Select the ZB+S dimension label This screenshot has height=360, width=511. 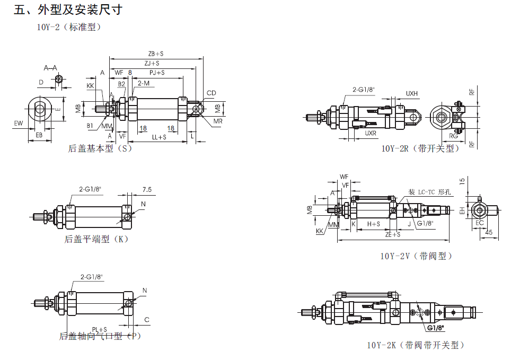156,54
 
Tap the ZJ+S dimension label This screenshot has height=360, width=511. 153,63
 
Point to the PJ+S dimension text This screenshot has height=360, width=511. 156,73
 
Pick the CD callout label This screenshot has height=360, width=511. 212,93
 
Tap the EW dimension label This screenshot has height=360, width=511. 19,124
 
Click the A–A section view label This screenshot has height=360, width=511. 51,67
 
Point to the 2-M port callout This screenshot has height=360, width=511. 143,83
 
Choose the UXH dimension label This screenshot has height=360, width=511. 412,94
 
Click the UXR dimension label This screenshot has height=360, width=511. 371,134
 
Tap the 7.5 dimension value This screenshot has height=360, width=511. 147,189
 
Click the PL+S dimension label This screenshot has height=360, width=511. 99,329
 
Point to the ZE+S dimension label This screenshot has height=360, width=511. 393,233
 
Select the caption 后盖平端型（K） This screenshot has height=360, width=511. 96,239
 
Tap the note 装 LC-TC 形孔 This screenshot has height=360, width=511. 429,192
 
